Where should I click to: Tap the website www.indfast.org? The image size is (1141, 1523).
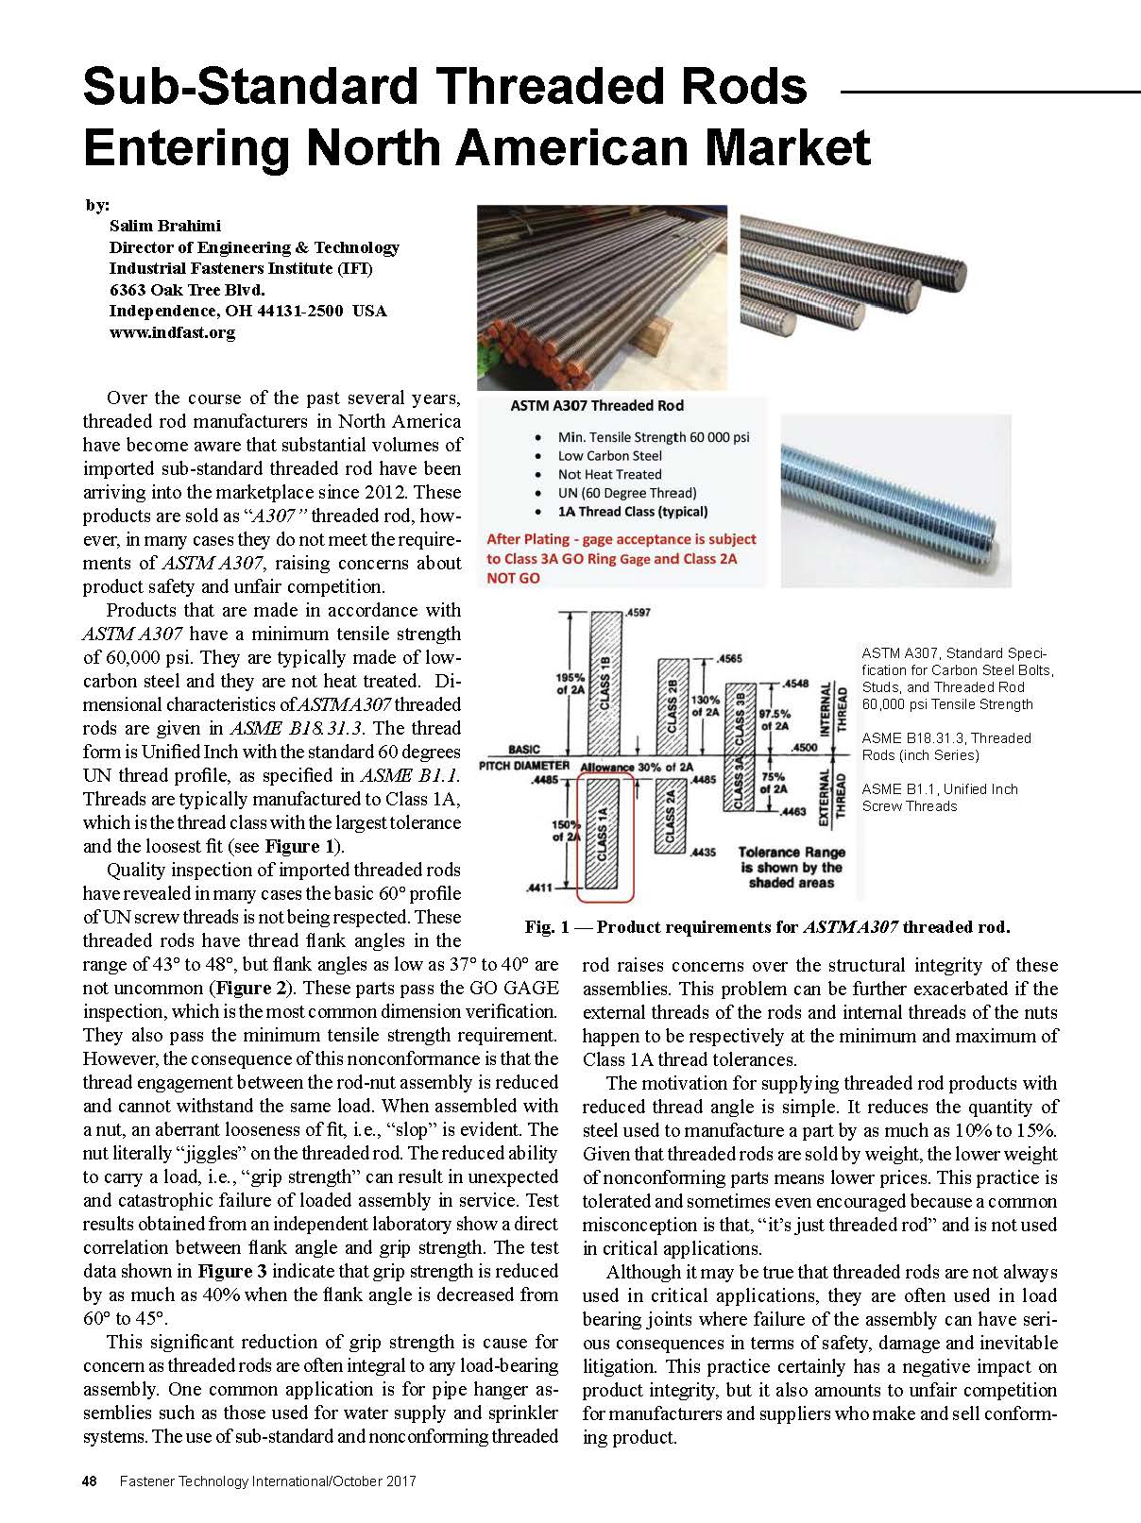pos(172,332)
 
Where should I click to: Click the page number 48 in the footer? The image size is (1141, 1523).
pos(91,1481)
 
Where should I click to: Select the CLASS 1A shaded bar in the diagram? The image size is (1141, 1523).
pos(605,831)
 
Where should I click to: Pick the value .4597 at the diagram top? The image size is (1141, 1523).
pos(639,613)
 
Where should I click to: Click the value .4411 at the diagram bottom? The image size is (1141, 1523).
pos(539,888)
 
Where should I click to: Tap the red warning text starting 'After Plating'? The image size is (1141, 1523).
pos(621,558)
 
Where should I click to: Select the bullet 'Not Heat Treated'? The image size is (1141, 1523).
pos(609,474)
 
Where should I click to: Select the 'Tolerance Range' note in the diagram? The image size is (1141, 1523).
pos(791,867)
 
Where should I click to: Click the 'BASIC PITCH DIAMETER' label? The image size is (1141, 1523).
pos(524,756)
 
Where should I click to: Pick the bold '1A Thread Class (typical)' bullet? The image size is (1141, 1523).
pos(632,512)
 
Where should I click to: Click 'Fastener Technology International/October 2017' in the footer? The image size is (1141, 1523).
pos(268,1481)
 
